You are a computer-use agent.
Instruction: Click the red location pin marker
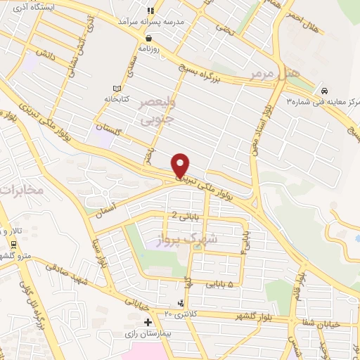[x=181, y=165]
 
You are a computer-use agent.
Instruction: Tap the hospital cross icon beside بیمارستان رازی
[x=148, y=322]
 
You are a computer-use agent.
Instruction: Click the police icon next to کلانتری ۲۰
[x=183, y=303]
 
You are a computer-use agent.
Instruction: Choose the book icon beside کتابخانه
[x=116, y=89]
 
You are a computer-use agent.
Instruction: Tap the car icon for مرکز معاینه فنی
[x=325, y=91]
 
